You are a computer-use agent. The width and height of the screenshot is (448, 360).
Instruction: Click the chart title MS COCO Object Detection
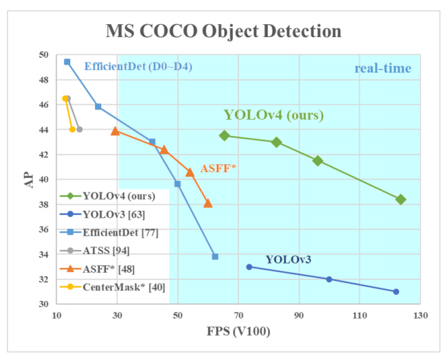coord(223,31)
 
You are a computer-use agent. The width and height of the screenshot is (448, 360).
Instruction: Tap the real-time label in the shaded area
coord(383,68)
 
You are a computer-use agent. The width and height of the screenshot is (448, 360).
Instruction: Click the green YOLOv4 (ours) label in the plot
coord(273,115)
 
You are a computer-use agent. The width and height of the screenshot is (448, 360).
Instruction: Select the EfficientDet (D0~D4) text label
coord(138,67)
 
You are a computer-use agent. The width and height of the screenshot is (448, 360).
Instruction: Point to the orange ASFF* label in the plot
coord(218,168)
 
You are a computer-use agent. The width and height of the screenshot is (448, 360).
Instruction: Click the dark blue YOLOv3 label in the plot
coord(289,259)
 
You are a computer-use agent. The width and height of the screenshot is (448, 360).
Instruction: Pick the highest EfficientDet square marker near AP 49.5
coord(67,62)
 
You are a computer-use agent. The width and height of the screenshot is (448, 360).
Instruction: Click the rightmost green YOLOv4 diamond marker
coord(401,199)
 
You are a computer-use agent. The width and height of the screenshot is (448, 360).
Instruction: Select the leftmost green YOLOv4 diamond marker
coord(224,135)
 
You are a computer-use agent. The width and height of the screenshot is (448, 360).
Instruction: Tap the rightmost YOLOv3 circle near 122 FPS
coord(396,291)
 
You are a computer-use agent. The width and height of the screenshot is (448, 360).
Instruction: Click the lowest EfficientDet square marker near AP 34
coord(215,256)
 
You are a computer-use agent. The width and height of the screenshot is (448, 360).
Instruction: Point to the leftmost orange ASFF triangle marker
coord(115,131)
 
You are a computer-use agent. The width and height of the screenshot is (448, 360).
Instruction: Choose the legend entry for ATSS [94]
coord(107,250)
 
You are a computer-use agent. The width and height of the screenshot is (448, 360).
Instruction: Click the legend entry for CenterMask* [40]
coord(123,286)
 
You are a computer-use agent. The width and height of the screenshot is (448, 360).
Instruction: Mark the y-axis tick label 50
coord(43,55)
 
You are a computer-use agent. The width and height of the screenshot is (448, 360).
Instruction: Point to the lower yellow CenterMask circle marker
coord(72,129)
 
